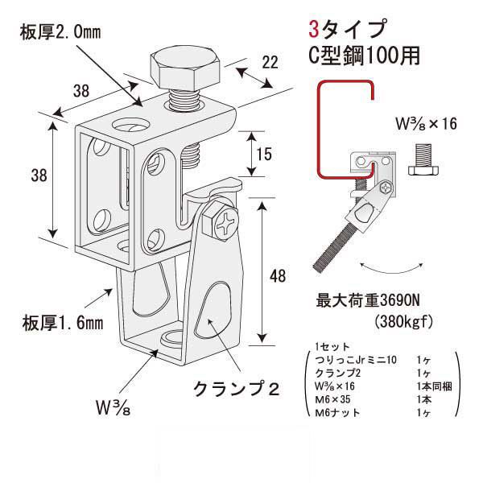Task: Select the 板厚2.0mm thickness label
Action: tap(57, 32)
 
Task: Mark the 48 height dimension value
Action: tap(278, 276)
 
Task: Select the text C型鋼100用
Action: tap(362, 57)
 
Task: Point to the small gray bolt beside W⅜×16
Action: tap(423, 161)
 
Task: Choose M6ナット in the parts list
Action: tap(333, 413)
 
